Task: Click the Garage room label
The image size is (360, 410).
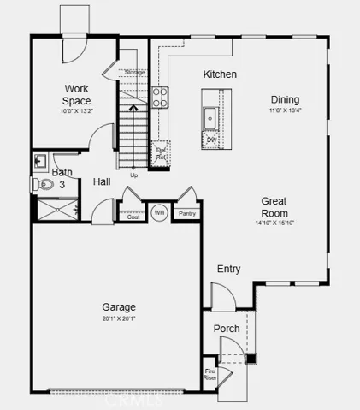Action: click(119, 306)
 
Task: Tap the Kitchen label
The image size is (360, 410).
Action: click(220, 74)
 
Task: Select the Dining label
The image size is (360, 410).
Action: click(286, 98)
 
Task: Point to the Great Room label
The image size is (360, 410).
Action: click(274, 207)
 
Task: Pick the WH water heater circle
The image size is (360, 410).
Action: click(159, 211)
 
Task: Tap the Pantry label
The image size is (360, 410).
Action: click(186, 213)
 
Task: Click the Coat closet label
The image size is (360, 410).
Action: click(133, 217)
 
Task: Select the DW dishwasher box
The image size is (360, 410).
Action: click(211, 139)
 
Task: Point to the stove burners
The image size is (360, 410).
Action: click(160, 95)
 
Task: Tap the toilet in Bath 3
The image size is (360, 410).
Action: click(38, 183)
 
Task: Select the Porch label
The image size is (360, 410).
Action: click(227, 329)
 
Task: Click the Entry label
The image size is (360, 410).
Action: click(228, 269)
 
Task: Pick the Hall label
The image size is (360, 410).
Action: click(102, 181)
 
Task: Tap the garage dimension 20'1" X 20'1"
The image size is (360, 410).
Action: click(119, 318)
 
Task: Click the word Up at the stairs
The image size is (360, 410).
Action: click(133, 175)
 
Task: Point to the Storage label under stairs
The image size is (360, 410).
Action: click(135, 73)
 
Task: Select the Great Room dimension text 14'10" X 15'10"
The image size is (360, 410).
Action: click(274, 223)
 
